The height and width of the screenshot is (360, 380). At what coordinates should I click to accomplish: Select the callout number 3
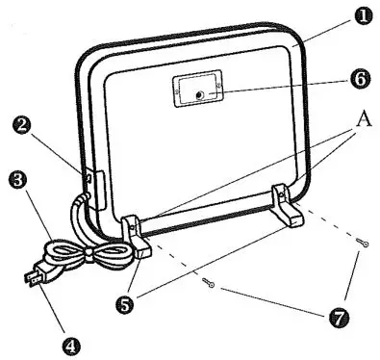tap(14, 179)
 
